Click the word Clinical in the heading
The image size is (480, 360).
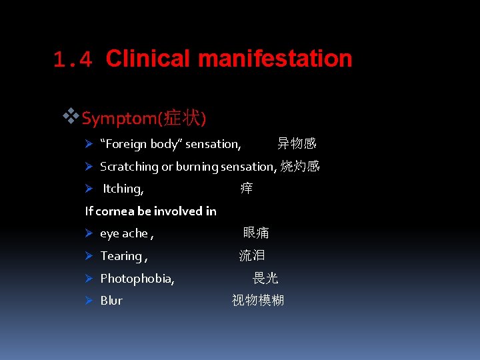point(148,59)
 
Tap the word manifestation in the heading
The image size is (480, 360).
point(275,59)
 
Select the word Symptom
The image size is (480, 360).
point(119,119)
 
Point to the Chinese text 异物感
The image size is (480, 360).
point(297,143)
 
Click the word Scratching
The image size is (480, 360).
point(129,167)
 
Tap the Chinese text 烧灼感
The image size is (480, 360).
point(300,166)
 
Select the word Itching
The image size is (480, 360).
point(123,189)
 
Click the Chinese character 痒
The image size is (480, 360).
point(247,189)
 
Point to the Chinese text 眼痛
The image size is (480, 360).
point(256,233)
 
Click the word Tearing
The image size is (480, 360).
point(121,256)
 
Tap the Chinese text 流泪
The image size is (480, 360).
point(252,255)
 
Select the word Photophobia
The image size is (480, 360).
point(137,279)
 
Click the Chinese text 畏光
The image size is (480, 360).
point(265,278)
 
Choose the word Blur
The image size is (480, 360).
point(111,301)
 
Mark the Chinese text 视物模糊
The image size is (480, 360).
point(258,300)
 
